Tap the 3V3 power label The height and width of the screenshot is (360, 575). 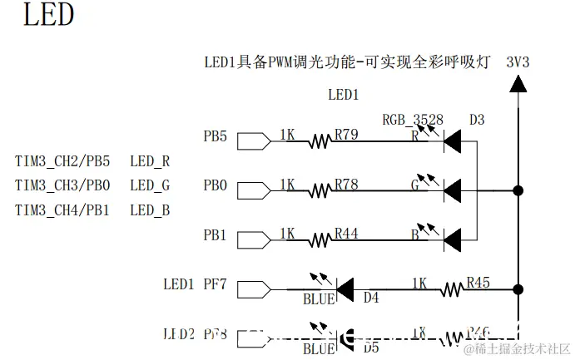[x=517, y=62]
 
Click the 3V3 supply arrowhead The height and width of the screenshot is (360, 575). [x=518, y=82]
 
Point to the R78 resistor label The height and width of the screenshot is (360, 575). [x=346, y=185]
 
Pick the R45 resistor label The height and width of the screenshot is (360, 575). [x=478, y=283]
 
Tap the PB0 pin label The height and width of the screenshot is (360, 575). [x=215, y=185]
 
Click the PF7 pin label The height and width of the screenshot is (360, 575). [x=215, y=285]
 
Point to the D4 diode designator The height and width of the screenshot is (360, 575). [x=371, y=298]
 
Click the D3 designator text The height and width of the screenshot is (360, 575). [x=476, y=120]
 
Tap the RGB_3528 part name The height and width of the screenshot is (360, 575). [x=413, y=120]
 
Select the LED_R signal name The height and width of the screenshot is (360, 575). [x=150, y=161]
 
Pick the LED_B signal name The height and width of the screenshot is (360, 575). [x=150, y=210]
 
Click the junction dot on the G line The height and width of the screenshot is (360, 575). [x=518, y=190]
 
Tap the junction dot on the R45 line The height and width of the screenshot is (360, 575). [x=518, y=289]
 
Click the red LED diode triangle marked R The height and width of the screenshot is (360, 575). [x=452, y=141]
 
